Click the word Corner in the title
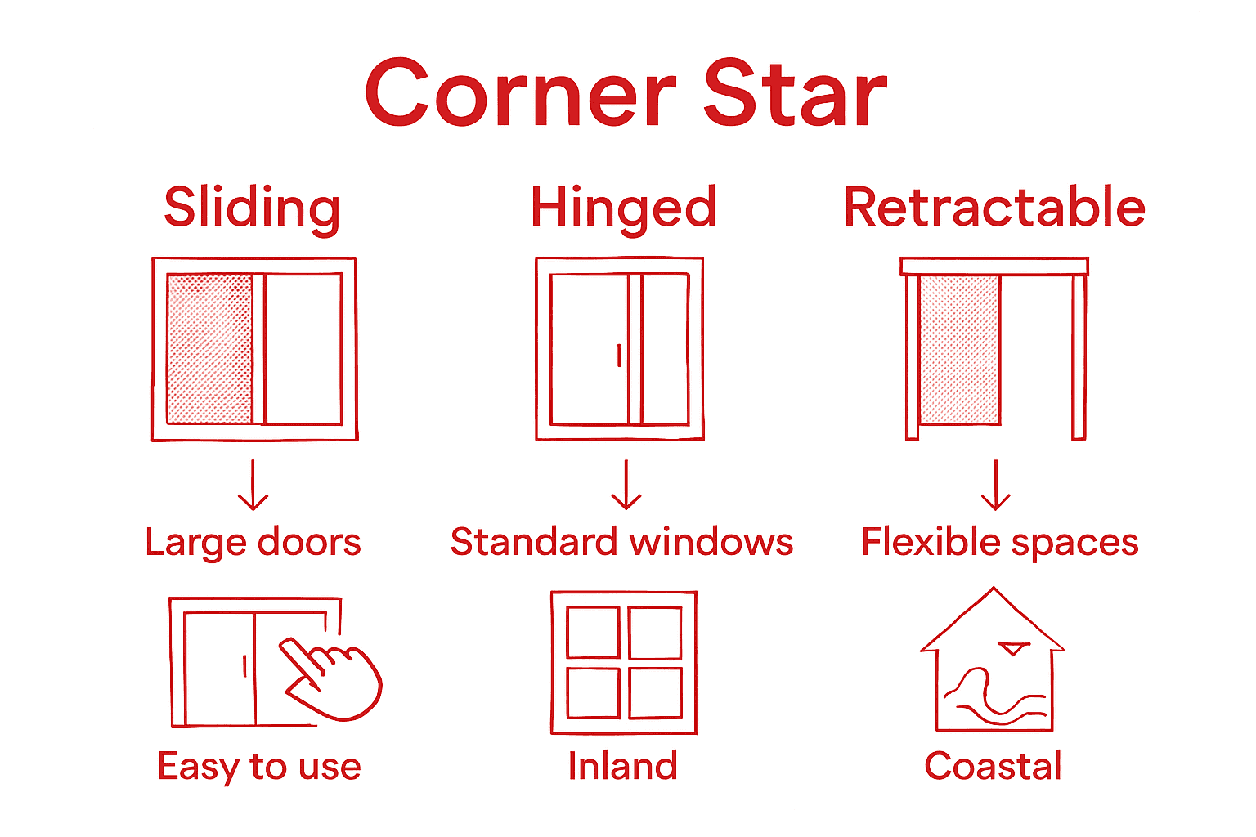coord(521,93)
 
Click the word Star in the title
coord(795,93)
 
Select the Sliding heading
coord(252,208)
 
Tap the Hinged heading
coord(623,208)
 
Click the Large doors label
coord(253,543)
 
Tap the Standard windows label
coord(621,542)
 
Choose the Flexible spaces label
coord(999,542)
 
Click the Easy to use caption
coord(259,767)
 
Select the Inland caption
coord(623,766)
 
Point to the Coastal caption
coord(993,766)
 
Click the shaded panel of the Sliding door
coord(209,349)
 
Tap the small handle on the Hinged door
coord(619,355)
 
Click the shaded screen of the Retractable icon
coord(959,349)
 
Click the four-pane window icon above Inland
coord(624,662)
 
